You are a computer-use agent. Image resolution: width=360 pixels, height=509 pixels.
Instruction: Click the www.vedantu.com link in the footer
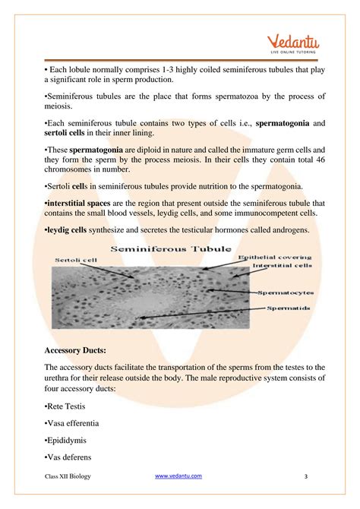[x=178, y=476]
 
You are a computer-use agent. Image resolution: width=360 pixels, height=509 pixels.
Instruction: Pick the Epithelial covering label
[x=273, y=258]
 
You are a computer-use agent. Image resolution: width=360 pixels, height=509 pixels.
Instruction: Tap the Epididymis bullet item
[x=67, y=440]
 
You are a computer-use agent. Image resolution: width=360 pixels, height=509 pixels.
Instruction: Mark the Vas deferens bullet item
[x=70, y=458]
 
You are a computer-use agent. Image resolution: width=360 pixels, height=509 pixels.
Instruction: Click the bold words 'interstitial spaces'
[x=85, y=204]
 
